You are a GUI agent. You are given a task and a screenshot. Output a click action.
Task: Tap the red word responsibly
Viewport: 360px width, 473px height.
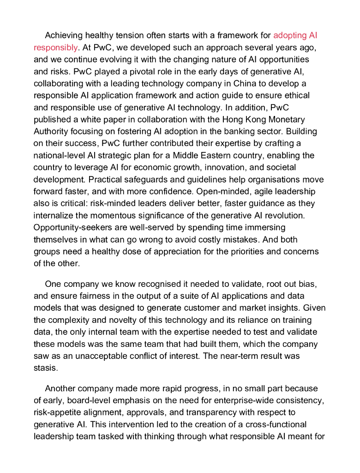[x=55, y=48]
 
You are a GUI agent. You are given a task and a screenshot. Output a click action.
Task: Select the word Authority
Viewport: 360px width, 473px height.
[x=52, y=131]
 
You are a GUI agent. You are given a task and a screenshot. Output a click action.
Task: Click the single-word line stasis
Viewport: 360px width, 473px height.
[x=46, y=368]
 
